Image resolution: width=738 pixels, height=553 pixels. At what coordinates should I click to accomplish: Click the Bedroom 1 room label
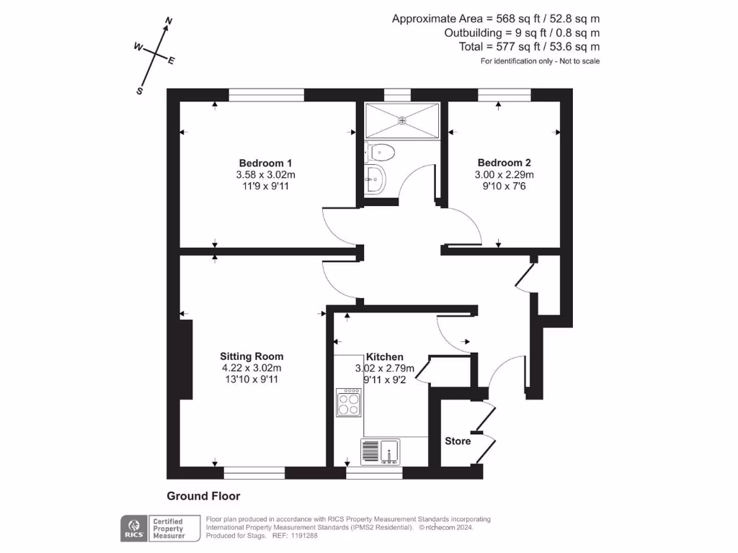point(266,163)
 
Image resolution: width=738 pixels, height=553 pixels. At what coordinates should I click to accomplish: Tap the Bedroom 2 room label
point(504,163)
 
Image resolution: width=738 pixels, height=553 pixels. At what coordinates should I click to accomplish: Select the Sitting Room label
point(252,356)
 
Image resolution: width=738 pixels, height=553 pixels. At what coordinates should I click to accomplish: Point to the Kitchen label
point(385,357)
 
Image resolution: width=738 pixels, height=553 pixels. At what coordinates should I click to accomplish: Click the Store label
point(458,441)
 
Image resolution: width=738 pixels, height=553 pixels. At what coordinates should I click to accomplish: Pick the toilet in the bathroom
point(381,152)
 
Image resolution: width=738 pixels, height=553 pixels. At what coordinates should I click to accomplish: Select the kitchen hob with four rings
point(349,403)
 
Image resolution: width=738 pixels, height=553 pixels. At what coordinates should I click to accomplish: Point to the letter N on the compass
point(169,22)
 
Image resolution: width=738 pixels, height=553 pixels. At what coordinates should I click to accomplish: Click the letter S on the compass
point(140,91)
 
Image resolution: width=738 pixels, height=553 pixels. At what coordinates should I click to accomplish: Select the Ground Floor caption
point(203,496)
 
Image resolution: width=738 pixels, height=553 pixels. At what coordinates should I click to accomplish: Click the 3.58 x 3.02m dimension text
point(266,175)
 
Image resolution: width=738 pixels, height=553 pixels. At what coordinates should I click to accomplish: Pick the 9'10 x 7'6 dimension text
point(504,186)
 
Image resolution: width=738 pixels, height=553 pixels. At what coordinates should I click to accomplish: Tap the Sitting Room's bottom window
point(255,473)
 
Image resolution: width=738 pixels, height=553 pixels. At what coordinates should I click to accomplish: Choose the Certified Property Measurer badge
point(167,528)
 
